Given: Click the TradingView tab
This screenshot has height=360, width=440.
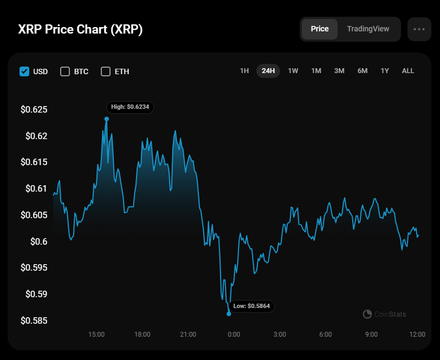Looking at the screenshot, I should point(368,29).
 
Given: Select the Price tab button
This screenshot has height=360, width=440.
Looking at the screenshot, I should point(320,29).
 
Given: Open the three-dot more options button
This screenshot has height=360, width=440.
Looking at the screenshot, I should point(419,29).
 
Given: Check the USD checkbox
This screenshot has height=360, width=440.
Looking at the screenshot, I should point(24,71).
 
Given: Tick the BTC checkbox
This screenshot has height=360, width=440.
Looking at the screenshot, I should point(65,71).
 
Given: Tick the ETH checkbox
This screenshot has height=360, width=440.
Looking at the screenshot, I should point(106,71).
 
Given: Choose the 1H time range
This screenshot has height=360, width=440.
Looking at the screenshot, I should point(244,71).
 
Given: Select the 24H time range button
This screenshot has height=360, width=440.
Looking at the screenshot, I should point(268,71).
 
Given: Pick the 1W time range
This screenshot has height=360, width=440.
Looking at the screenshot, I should point(293,71).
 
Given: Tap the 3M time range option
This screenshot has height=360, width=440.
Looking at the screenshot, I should point(339,71).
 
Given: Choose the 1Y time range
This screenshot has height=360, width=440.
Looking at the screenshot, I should point(385,71).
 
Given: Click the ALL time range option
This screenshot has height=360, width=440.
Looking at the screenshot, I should point(408,71).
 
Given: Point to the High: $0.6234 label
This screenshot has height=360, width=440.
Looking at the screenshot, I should point(130,107).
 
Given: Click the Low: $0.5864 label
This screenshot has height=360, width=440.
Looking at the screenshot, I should point(251,306).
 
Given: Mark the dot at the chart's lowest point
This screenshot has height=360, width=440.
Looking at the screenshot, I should point(229,313).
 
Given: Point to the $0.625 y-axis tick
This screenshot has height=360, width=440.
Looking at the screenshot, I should point(34,110).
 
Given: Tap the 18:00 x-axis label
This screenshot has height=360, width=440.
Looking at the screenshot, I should point(142,335).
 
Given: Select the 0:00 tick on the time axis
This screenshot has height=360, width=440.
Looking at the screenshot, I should point(234,335).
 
